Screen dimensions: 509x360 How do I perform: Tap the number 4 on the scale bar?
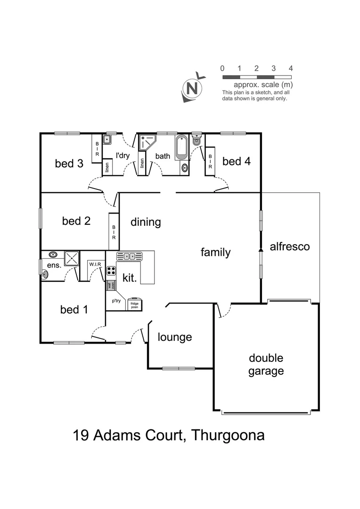click(291, 68)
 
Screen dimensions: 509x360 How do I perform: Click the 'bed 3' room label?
click(69, 164)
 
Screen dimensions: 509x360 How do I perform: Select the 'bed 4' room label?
click(237, 162)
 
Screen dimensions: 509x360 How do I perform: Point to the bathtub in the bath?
click(181, 148)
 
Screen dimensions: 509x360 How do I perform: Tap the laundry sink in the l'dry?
click(107, 140)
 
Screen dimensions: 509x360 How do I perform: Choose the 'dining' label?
click(146, 222)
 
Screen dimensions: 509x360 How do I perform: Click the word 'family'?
click(215, 252)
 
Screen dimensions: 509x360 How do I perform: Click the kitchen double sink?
click(129, 256)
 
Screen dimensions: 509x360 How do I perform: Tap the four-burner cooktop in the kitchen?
click(112, 271)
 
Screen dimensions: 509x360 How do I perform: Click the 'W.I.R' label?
click(96, 265)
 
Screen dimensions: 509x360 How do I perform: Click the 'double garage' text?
click(266, 364)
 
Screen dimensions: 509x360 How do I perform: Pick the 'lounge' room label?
click(175, 337)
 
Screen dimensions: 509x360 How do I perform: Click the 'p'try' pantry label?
click(116, 300)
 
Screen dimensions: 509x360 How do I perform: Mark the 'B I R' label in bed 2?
click(114, 232)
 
